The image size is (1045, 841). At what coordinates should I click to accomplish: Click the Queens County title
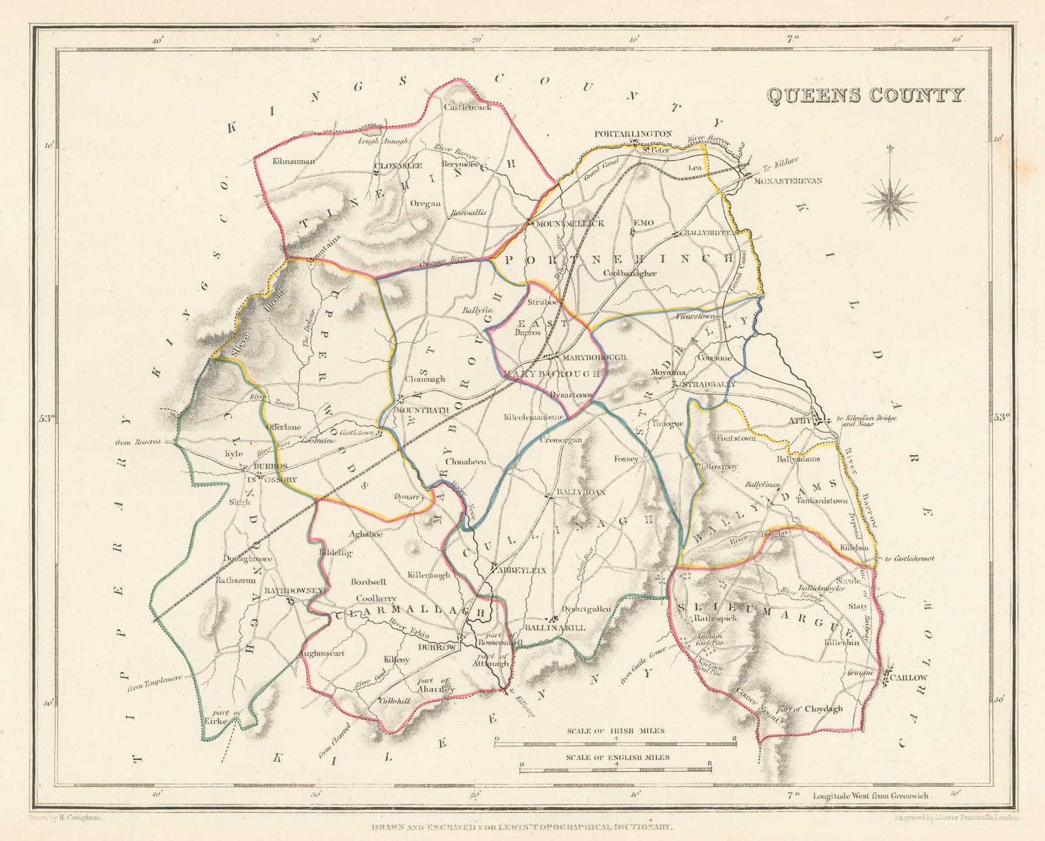click(x=863, y=95)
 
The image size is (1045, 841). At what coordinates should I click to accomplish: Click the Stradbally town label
click(x=708, y=385)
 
